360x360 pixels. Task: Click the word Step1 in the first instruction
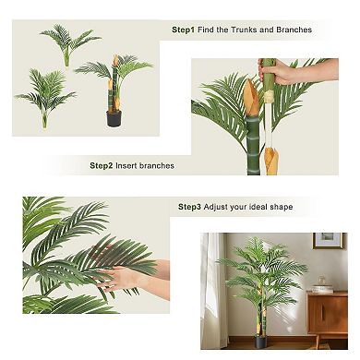point(184,30)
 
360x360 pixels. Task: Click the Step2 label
point(102,166)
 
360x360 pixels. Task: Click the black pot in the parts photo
point(114,118)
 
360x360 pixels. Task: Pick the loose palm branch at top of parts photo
point(68,41)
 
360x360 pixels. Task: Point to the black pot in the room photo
point(260,342)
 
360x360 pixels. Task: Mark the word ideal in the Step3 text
point(256,207)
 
